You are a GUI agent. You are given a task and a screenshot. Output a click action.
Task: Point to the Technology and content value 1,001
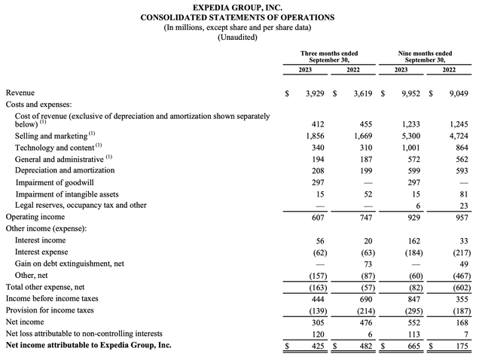tap(409, 148)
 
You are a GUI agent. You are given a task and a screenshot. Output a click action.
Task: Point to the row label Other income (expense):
tap(46, 228)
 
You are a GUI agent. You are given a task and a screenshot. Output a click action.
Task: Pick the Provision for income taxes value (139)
tap(313, 310)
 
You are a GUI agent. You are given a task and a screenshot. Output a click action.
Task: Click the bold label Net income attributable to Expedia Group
tap(88, 345)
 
